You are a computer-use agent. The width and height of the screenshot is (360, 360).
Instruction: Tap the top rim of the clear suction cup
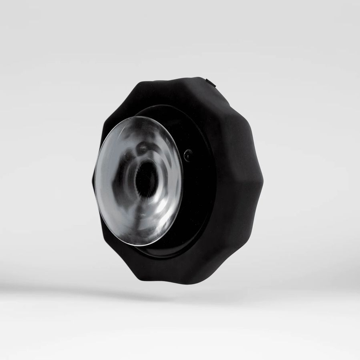click(x=144, y=117)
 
